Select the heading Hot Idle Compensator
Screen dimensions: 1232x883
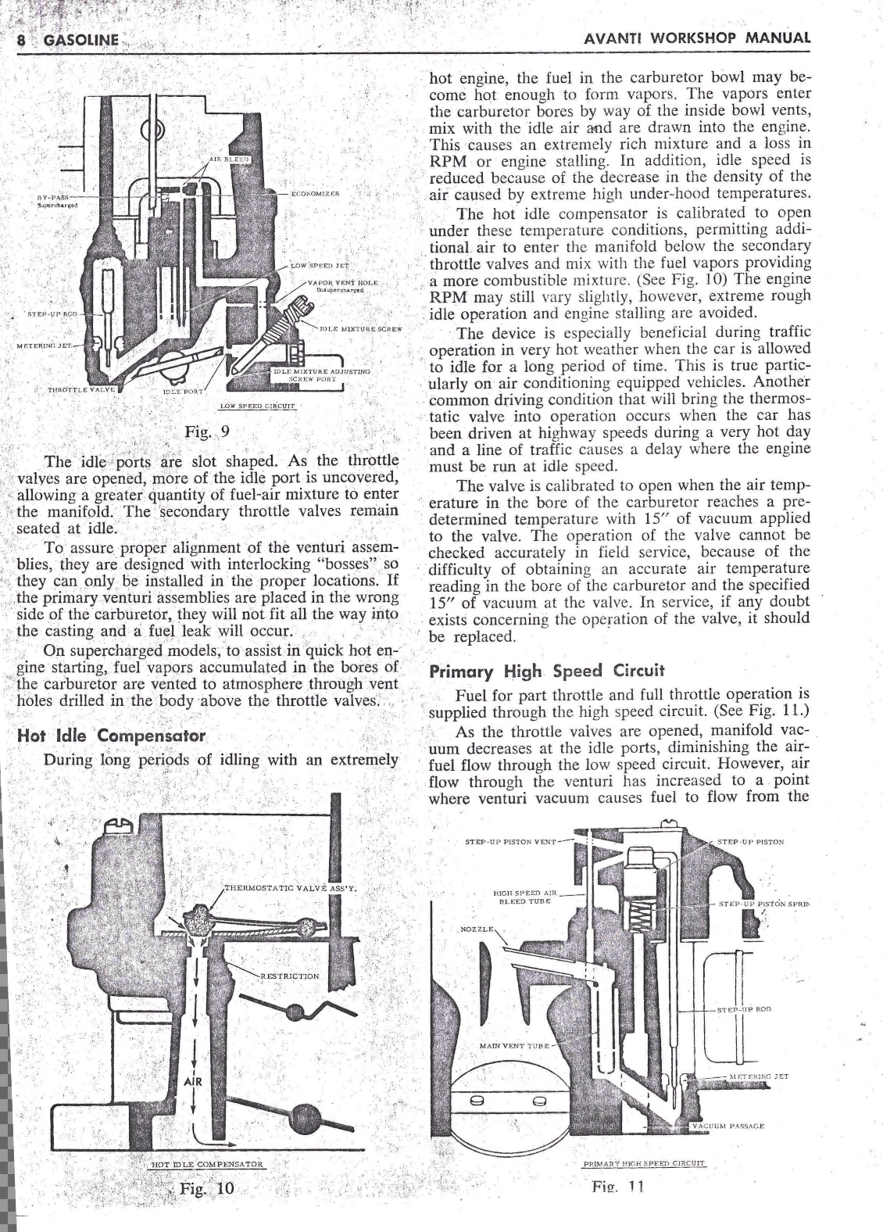111,736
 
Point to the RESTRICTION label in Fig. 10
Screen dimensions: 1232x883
289,976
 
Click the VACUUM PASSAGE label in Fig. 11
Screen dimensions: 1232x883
727,1126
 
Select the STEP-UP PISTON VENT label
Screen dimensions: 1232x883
510,842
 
